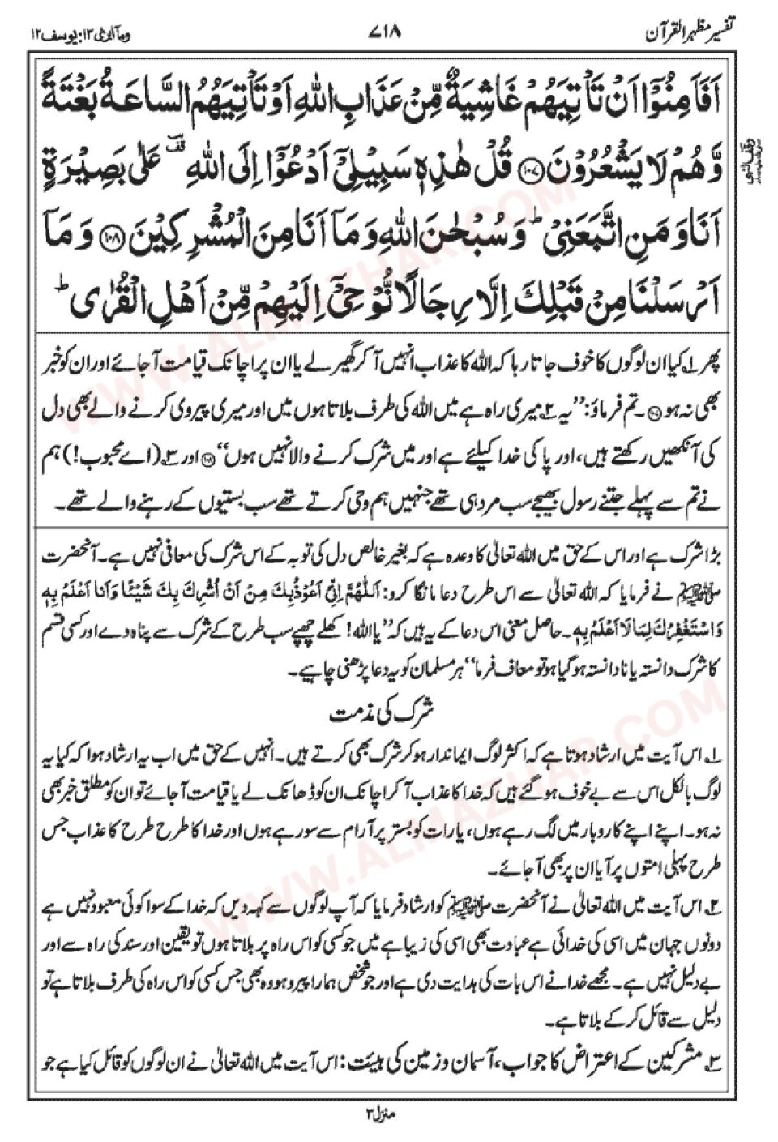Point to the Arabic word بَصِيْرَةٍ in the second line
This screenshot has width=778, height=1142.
(89, 150)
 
